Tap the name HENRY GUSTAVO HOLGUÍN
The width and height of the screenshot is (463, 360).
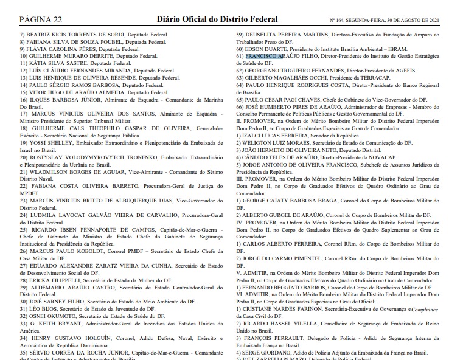[77, 338]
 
